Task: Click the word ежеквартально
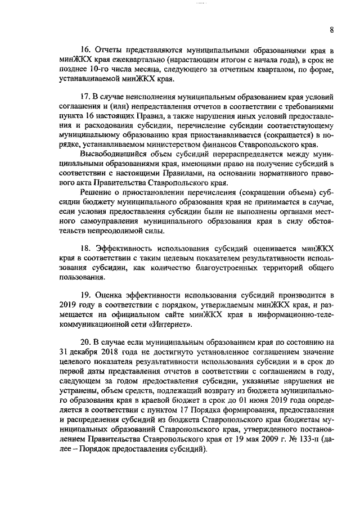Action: click(x=139, y=60)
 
